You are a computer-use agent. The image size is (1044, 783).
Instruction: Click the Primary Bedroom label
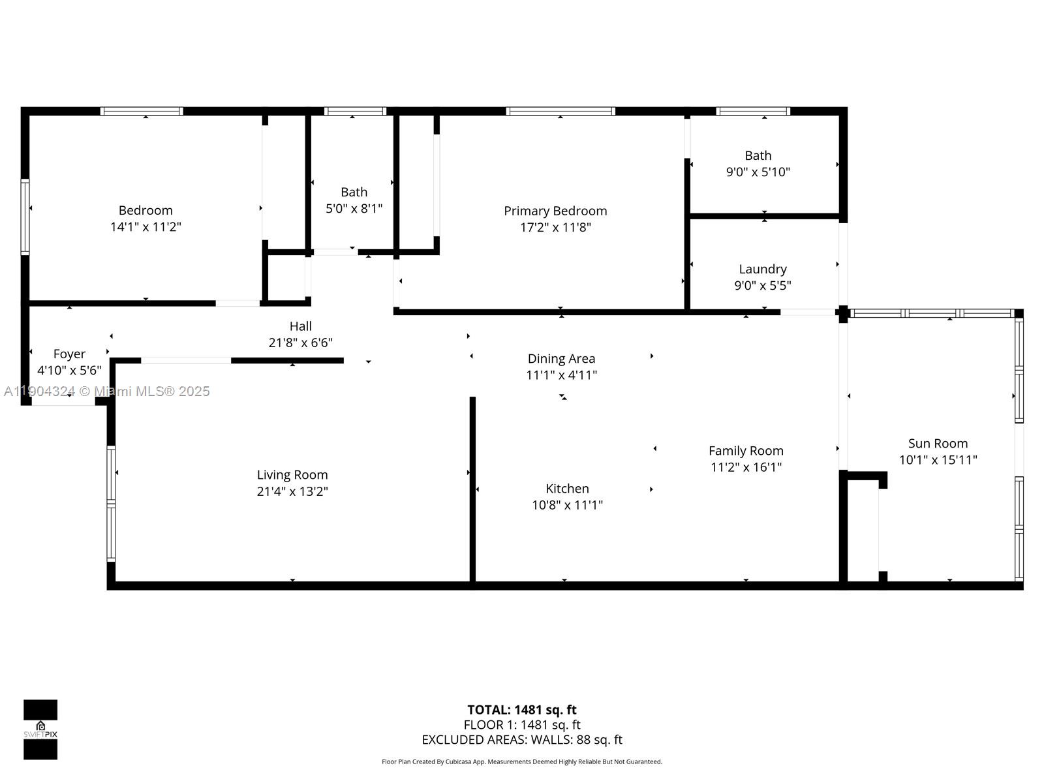pos(555,211)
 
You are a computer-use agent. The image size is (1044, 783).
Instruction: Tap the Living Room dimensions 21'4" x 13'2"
pos(292,491)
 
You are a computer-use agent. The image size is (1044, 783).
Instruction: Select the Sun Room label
pos(938,444)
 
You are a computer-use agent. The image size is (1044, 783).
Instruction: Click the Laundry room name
pos(762,269)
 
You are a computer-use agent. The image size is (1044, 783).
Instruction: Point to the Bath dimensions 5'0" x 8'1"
pos(354,209)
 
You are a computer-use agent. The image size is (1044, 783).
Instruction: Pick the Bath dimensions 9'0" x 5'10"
pos(758,172)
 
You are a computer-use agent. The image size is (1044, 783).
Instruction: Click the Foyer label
pos(69,354)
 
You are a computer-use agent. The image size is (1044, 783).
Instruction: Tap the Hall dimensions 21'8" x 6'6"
pos(300,343)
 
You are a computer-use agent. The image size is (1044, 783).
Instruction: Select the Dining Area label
pos(561,358)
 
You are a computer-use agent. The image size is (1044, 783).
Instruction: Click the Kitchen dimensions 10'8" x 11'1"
pos(567,505)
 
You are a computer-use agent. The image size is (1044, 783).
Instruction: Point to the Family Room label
pos(746,450)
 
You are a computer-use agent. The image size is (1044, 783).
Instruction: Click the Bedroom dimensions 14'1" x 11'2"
pos(146,227)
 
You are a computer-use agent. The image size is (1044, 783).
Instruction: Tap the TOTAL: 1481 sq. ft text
pos(521,710)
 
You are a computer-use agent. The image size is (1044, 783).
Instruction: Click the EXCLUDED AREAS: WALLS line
pos(521,740)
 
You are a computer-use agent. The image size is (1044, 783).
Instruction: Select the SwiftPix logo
pos(40,729)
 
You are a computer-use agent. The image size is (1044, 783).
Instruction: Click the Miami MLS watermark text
pos(106,391)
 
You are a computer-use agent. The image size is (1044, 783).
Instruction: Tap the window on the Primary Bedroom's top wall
pos(560,112)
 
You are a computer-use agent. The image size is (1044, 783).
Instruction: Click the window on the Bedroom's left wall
pos(25,217)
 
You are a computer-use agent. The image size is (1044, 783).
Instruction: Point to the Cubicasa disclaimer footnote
pos(521,761)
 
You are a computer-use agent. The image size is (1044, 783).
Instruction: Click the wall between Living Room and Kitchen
pos(472,489)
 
